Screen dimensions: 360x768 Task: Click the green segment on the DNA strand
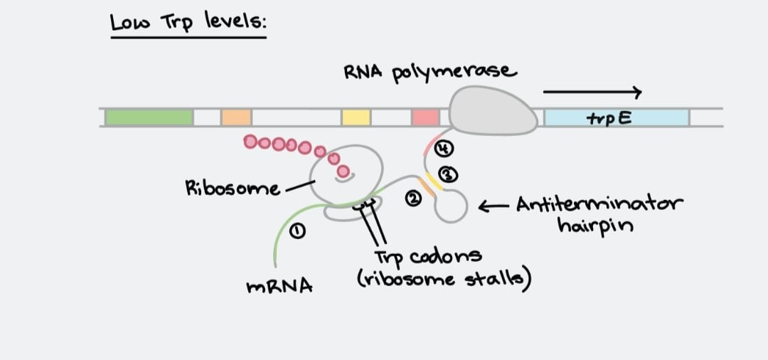point(148,117)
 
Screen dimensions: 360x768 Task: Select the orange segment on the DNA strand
point(235,117)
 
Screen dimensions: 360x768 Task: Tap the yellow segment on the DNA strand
point(356,117)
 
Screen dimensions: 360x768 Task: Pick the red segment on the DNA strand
point(425,117)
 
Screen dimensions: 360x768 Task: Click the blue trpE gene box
point(616,117)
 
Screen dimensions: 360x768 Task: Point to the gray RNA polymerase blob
point(493,111)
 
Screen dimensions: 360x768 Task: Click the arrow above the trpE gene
point(592,92)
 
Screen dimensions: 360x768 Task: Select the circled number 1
point(298,229)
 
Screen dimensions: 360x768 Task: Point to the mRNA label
point(279,287)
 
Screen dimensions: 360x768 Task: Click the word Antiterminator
point(599,205)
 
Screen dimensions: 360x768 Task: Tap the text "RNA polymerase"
point(430,71)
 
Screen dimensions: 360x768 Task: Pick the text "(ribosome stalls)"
point(444,278)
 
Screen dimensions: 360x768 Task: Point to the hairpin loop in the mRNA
point(452,206)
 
